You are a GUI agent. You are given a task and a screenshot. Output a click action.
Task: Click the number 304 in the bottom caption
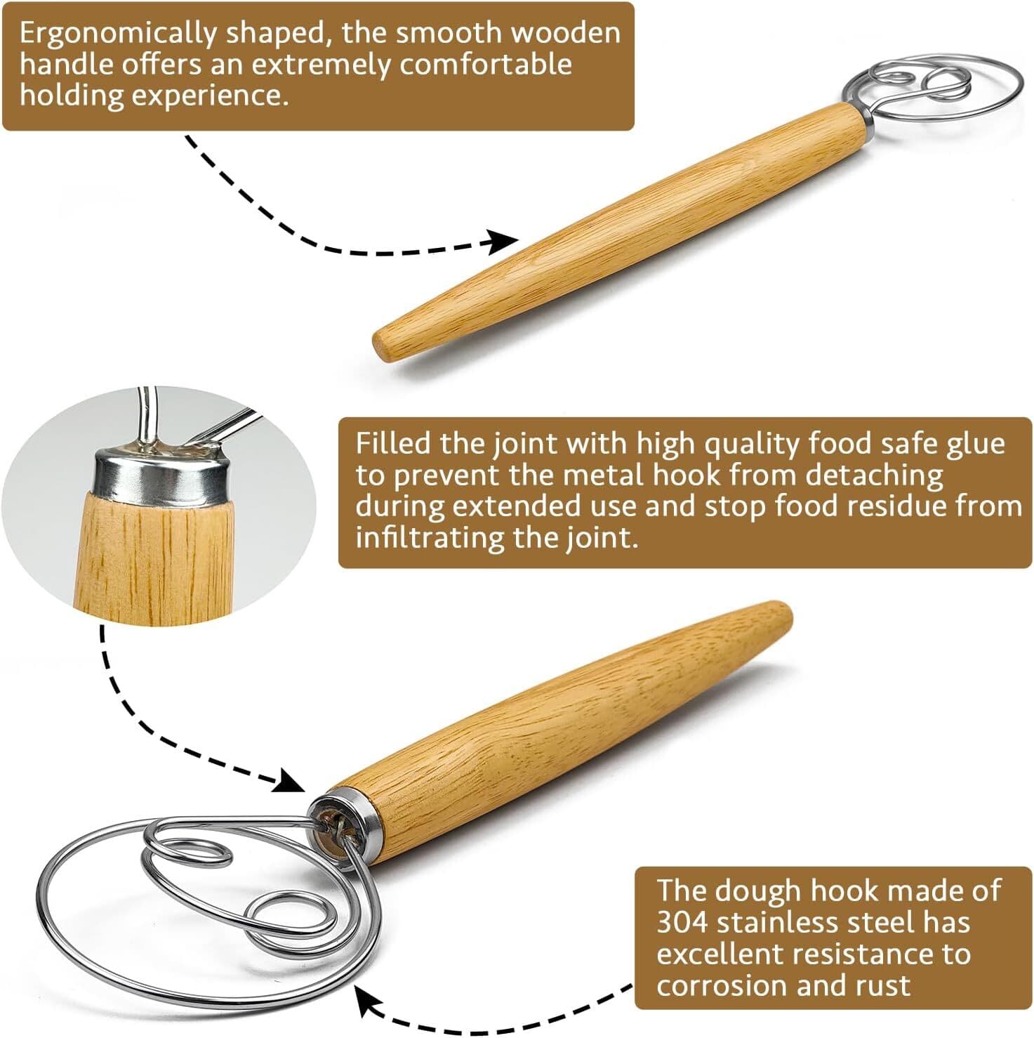[x=682, y=921]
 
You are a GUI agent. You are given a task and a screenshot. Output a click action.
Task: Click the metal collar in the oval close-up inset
[x=161, y=478]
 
